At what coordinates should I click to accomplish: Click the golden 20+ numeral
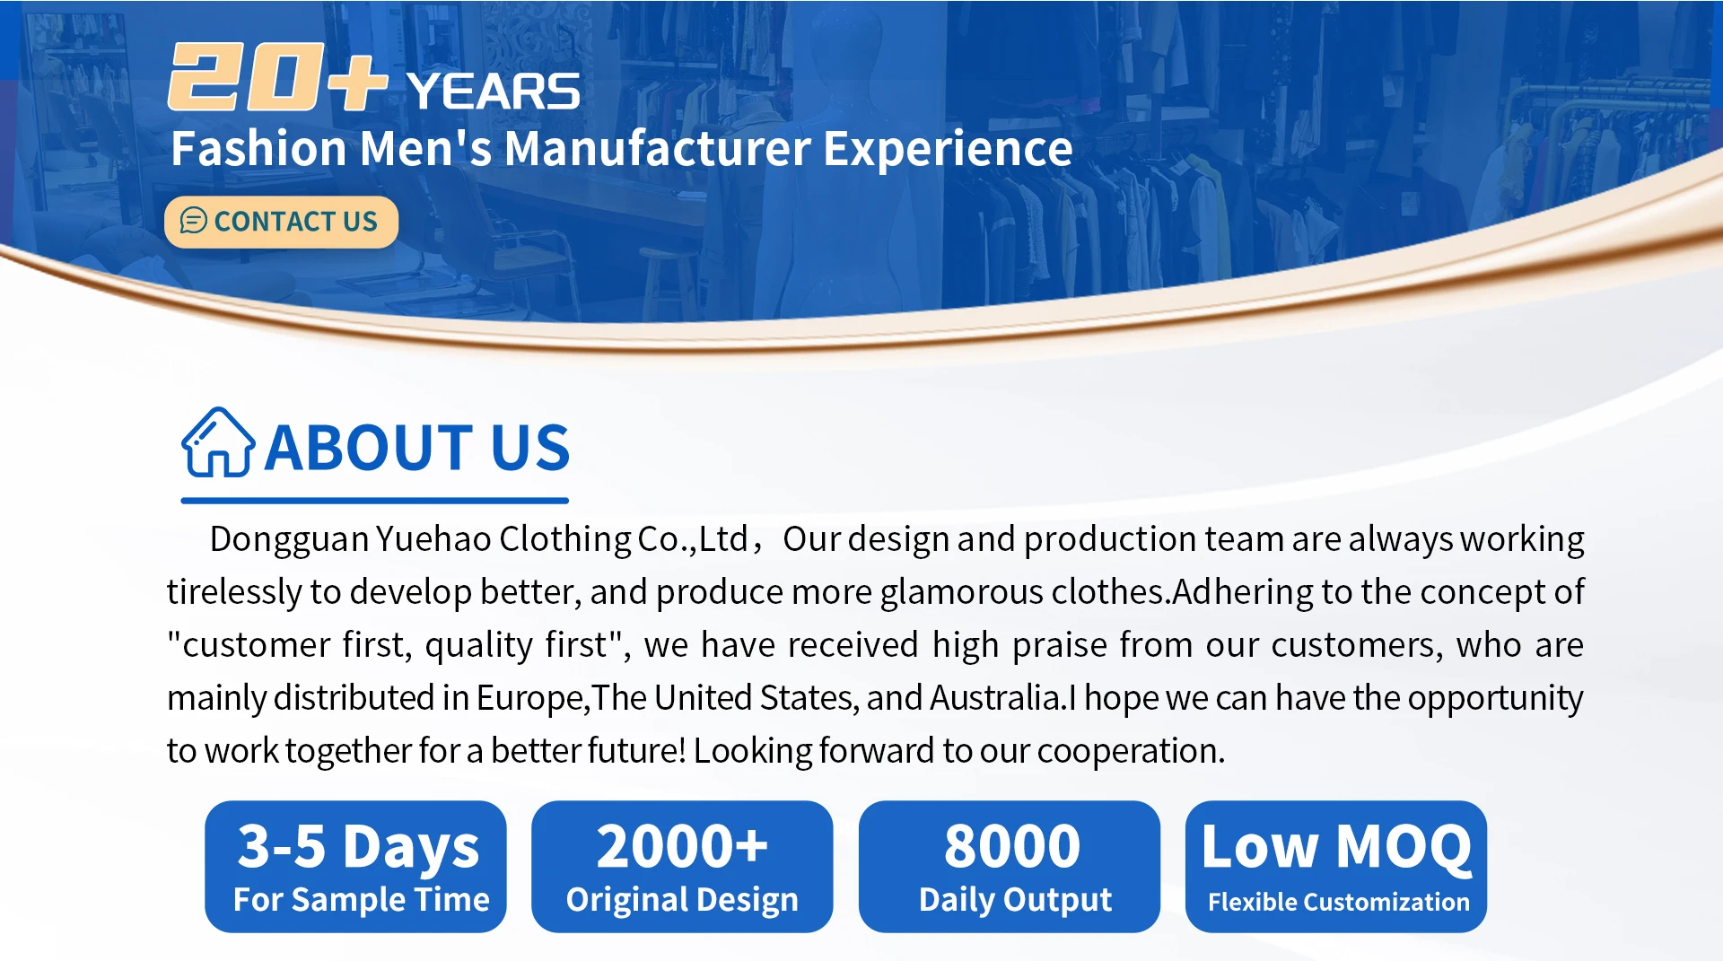pos(277,77)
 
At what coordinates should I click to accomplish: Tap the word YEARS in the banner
pos(494,92)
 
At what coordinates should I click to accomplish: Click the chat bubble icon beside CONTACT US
pos(194,221)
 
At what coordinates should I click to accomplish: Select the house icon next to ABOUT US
pos(218,442)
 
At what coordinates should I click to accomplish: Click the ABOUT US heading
pos(417,447)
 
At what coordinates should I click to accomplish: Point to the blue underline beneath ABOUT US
pos(375,500)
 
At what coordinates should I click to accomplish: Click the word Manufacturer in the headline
pos(658,148)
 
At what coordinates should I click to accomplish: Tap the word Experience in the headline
pos(948,149)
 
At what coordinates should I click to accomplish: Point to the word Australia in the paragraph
pos(996,697)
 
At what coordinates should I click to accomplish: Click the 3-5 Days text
pos(358,847)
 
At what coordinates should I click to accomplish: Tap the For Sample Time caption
pos(362,899)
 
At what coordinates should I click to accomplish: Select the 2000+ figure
pos(683,846)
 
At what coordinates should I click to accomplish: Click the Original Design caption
pos(682,900)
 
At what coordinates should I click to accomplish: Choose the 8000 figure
pos(1012,846)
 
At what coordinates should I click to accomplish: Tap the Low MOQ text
pos(1336,847)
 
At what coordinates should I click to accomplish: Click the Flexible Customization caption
pos(1339,902)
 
